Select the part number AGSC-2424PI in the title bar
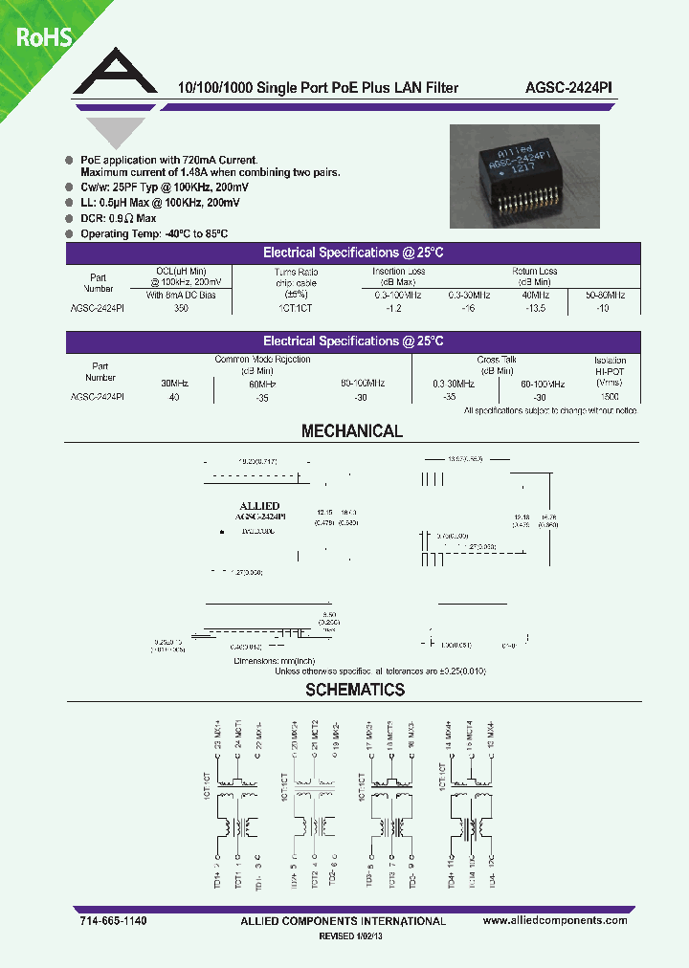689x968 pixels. click(570, 87)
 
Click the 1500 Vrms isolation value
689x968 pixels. click(610, 396)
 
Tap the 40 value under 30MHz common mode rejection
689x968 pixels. click(173, 396)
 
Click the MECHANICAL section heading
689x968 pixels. click(352, 431)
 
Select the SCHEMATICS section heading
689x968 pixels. click(355, 690)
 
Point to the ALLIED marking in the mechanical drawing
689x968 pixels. click(257, 505)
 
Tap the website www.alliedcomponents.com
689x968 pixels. click(555, 920)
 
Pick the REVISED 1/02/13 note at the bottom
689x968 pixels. click(355, 938)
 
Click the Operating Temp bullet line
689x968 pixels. click(152, 234)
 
